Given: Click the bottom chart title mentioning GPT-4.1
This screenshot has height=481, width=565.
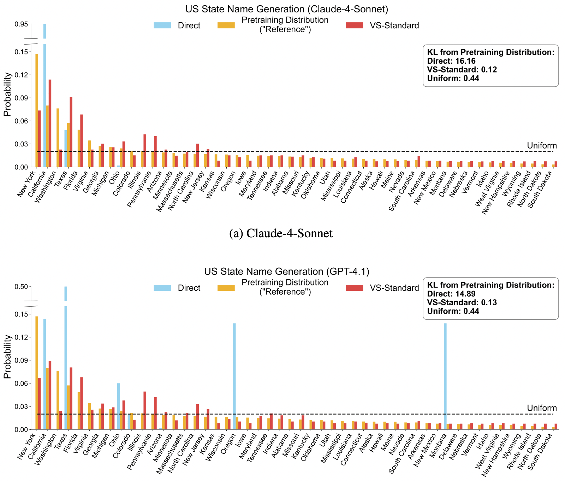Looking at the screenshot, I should point(286,271).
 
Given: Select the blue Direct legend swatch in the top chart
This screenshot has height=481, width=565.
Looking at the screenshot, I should point(162,25).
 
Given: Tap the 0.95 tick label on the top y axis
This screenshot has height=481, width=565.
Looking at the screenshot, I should point(21,24).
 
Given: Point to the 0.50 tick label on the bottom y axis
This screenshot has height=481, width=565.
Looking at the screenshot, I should point(21,286).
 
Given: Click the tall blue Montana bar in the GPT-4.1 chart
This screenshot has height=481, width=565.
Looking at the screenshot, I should point(445,376).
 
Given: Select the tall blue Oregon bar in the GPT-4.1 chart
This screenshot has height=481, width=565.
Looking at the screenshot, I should point(234,376).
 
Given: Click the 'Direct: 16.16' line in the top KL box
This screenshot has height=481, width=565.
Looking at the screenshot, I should point(451,61).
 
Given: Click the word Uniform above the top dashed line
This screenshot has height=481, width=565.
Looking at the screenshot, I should point(542,146).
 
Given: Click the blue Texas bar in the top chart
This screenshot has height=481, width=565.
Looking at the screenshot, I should point(66,149).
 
